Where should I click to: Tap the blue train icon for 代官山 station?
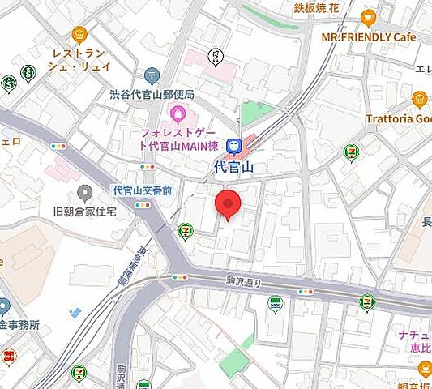tap(235, 147)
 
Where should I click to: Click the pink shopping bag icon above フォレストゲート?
tap(178, 112)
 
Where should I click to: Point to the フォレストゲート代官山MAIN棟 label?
tap(180, 139)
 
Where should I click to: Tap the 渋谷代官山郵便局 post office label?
tap(152, 94)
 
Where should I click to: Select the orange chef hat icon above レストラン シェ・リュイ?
tap(79, 33)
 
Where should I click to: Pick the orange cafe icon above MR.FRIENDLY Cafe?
tap(369, 17)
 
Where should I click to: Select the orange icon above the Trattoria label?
tap(419, 99)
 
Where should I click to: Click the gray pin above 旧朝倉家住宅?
tap(84, 193)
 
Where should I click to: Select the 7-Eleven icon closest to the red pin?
tap(186, 233)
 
